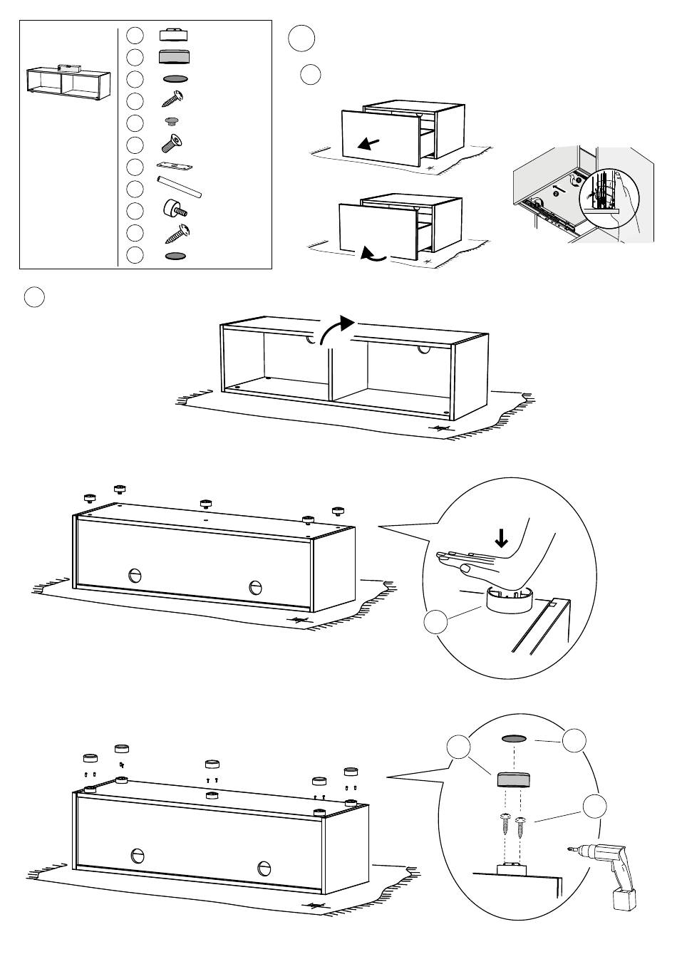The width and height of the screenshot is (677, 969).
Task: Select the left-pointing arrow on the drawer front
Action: tap(369, 143)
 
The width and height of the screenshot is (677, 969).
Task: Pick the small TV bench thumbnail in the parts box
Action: tap(68, 81)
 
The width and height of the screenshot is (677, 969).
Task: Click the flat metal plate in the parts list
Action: tap(175, 166)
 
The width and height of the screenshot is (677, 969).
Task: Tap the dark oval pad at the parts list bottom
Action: tap(175, 255)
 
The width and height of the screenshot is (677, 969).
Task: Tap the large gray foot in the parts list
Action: tap(174, 58)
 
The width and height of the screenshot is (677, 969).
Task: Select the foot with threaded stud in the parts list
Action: tap(175, 209)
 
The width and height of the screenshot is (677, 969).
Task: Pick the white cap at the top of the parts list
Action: tap(173, 36)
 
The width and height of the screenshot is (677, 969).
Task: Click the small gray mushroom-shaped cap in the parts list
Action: tap(170, 122)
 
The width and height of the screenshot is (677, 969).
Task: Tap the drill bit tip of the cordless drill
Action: tap(570, 849)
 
